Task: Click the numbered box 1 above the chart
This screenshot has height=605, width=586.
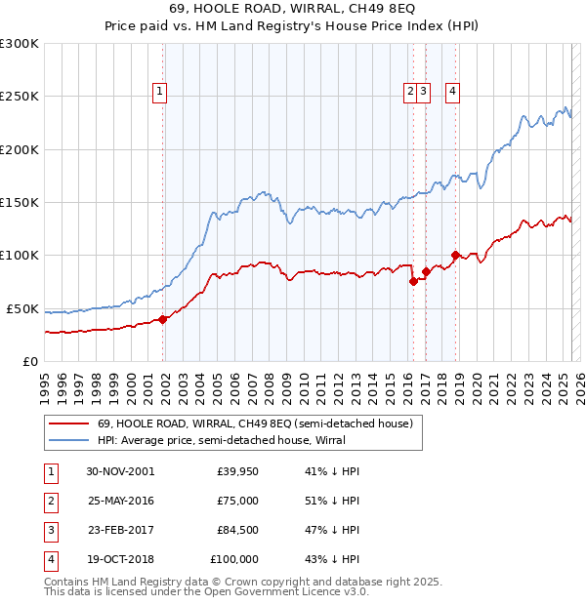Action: click(x=159, y=93)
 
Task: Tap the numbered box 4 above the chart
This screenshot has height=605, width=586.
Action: click(x=453, y=93)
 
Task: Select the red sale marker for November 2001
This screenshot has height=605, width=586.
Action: click(x=163, y=318)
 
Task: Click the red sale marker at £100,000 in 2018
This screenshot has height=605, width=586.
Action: click(x=455, y=256)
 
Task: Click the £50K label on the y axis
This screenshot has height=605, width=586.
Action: click(x=22, y=308)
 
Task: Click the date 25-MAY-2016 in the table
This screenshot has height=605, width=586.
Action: click(x=120, y=501)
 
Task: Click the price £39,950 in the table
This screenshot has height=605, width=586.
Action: click(x=237, y=471)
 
